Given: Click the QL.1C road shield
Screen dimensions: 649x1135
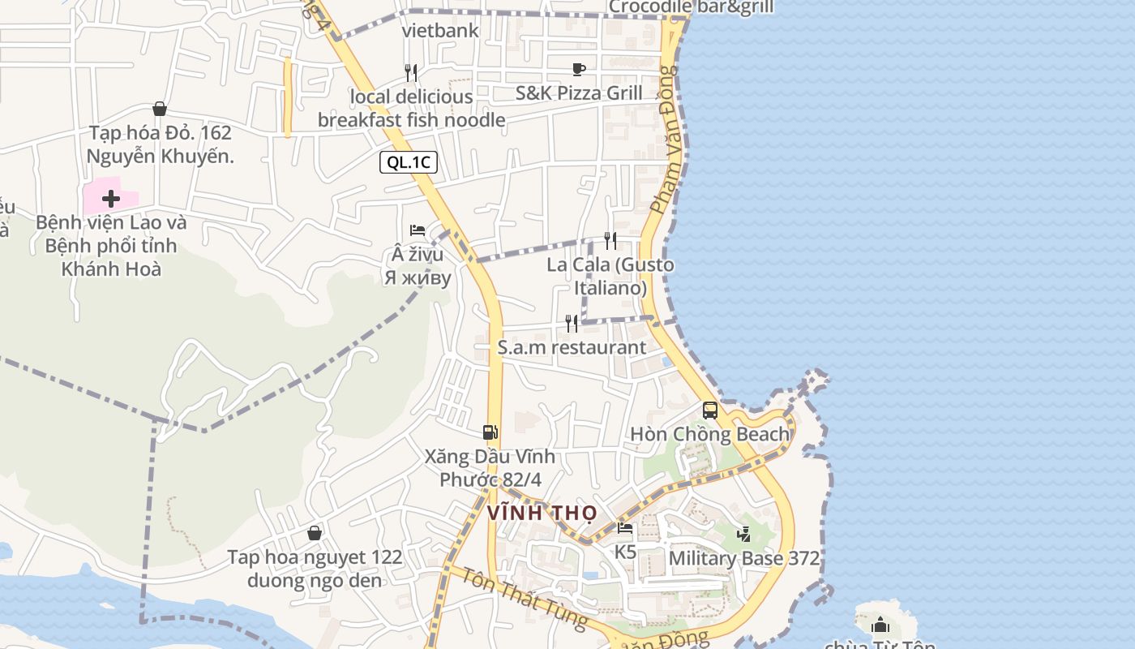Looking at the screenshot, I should click(x=409, y=162).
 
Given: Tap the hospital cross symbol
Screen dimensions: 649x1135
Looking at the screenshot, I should click(x=111, y=198).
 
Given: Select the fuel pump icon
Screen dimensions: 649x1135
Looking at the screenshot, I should click(x=490, y=432).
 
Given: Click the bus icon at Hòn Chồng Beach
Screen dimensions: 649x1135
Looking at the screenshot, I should click(x=710, y=410).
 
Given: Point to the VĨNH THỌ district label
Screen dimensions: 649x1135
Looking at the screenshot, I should click(x=542, y=514).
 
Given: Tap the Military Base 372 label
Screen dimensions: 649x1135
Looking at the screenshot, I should click(x=743, y=559).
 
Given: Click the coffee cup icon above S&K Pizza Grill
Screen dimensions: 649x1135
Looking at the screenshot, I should click(x=578, y=69).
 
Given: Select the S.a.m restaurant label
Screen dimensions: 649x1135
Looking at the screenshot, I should click(x=572, y=348).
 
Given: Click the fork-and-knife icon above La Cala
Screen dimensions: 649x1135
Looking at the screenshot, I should click(x=610, y=240).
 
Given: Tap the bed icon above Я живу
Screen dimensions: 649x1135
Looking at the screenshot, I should click(x=418, y=230).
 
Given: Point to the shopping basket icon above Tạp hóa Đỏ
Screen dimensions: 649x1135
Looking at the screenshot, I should click(x=160, y=109).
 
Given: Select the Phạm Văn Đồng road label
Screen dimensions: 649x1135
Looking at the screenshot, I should click(x=662, y=140).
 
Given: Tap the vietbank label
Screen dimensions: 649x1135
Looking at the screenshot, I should click(x=440, y=32).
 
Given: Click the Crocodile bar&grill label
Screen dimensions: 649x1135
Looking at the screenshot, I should click(x=691, y=7).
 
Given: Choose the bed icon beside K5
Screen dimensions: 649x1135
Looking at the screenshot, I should click(x=625, y=528).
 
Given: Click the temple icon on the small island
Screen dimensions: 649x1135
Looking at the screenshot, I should click(x=880, y=625).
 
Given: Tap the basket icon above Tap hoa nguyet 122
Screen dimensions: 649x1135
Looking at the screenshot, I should click(x=315, y=533).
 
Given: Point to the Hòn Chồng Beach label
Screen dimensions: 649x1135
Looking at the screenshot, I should click(x=709, y=435).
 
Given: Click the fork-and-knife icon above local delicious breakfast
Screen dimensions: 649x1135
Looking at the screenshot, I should click(x=411, y=73).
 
